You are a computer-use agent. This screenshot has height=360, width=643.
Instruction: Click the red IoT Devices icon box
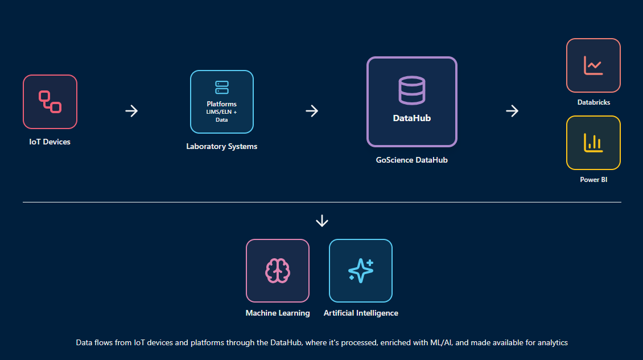pyautogui.click(x=50, y=102)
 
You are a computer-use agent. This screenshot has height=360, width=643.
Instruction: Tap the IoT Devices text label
pyautogui.click(x=50, y=142)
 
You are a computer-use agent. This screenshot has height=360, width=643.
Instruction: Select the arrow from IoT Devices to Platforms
pyautogui.click(x=131, y=111)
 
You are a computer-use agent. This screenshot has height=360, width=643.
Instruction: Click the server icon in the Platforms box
pyautogui.click(x=222, y=88)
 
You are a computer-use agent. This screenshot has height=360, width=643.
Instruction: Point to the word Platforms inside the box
pyautogui.click(x=222, y=104)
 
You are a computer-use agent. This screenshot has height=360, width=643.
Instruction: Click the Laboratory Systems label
pyautogui.click(x=222, y=146)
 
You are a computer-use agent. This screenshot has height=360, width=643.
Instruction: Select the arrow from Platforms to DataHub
pyautogui.click(x=312, y=111)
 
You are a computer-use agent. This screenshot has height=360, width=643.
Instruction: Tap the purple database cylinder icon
pyautogui.click(x=412, y=90)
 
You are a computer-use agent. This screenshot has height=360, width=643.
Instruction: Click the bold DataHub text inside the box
pyautogui.click(x=412, y=118)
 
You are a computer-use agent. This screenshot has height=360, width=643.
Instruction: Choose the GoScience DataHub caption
pyautogui.click(x=412, y=160)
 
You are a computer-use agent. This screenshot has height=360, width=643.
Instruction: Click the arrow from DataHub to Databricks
pyautogui.click(x=512, y=111)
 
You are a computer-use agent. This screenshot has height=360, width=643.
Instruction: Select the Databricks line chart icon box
pyautogui.click(x=593, y=65)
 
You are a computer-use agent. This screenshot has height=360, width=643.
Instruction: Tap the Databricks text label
pyautogui.click(x=593, y=102)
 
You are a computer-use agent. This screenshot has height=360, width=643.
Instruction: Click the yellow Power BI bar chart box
pyautogui.click(x=593, y=143)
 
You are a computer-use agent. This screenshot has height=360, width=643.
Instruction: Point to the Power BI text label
pyautogui.click(x=593, y=180)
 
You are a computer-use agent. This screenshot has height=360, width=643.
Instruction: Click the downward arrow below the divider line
pyautogui.click(x=322, y=221)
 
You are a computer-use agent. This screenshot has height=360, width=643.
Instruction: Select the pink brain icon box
pyautogui.click(x=278, y=271)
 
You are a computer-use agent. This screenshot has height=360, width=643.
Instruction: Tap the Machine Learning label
pyautogui.click(x=278, y=313)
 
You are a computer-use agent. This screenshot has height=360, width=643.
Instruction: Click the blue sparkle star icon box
pyautogui.click(x=361, y=271)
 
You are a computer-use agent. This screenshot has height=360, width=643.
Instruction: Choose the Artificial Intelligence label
pyautogui.click(x=361, y=313)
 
